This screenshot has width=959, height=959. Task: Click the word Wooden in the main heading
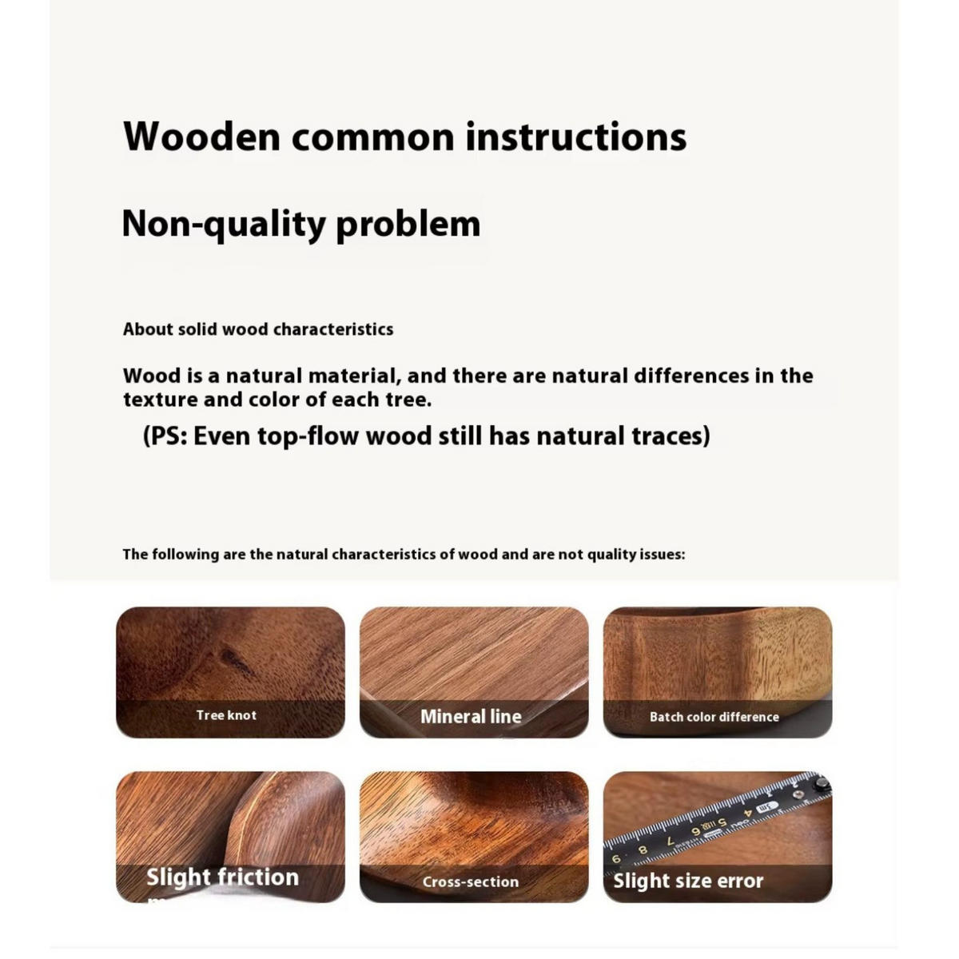click(201, 137)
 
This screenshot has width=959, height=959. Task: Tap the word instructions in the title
click(575, 137)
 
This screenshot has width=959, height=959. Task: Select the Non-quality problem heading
click(300, 223)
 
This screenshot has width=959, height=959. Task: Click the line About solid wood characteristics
click(257, 329)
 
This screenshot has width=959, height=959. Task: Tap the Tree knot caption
click(226, 715)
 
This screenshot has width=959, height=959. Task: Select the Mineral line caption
click(471, 717)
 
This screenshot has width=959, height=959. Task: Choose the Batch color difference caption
click(714, 717)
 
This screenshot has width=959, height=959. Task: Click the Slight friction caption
click(222, 877)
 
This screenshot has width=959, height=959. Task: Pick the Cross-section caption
click(471, 882)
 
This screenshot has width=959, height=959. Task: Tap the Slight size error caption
click(688, 881)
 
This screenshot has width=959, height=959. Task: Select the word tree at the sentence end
click(407, 400)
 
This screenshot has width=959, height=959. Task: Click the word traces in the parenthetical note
click(671, 436)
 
